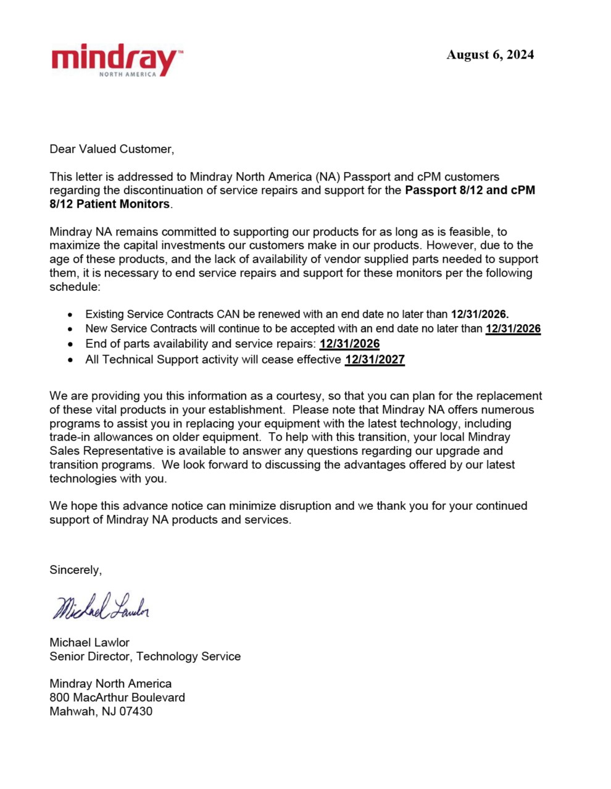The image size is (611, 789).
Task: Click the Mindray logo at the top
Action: pyautogui.click(x=116, y=59)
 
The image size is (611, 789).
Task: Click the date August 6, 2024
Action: pyautogui.click(x=490, y=55)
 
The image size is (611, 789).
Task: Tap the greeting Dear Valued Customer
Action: pyautogui.click(x=112, y=149)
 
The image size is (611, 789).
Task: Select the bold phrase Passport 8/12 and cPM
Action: pyautogui.click(x=470, y=190)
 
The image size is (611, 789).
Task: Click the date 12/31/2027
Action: pyautogui.click(x=375, y=359)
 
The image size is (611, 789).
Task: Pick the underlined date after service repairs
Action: pyautogui.click(x=349, y=344)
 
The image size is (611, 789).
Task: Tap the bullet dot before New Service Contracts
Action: pyautogui.click(x=71, y=330)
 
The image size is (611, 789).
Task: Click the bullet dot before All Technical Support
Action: pyautogui.click(x=71, y=360)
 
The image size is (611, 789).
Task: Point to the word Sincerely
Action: pyautogui.click(x=75, y=570)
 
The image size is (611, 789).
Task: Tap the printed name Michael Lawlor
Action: pyautogui.click(x=89, y=642)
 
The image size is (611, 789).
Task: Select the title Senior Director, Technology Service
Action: pyautogui.click(x=145, y=656)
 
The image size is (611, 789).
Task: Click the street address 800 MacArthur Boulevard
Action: pyautogui.click(x=117, y=698)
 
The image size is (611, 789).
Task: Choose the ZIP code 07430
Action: pyautogui.click(x=136, y=711)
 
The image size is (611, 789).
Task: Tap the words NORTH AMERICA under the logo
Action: pyautogui.click(x=128, y=75)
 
